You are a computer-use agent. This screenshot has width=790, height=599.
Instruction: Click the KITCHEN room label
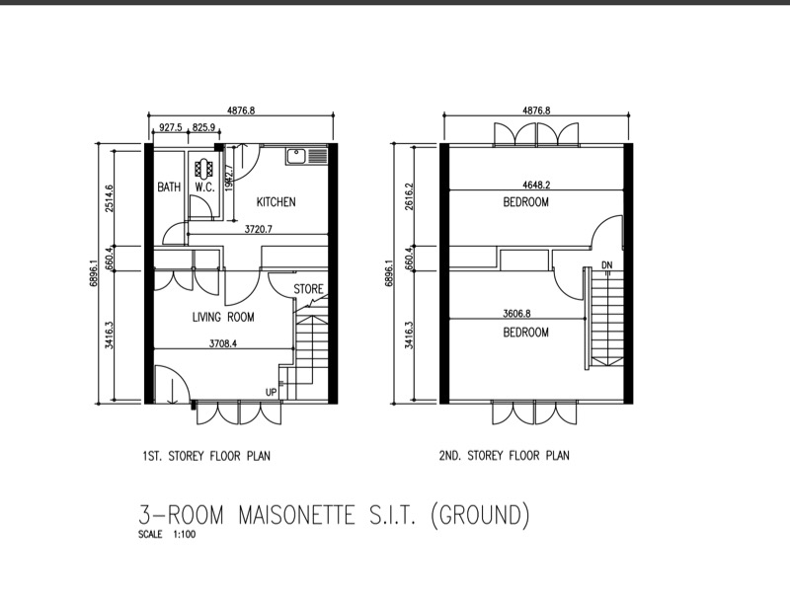[276, 202]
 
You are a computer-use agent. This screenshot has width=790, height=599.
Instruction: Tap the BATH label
[169, 187]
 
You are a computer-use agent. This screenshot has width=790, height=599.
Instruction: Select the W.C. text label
[204, 187]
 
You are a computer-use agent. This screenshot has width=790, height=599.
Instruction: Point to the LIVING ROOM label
[223, 317]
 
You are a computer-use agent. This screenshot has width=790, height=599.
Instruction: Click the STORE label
[308, 289]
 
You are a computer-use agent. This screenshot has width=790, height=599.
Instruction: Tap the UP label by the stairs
[271, 392]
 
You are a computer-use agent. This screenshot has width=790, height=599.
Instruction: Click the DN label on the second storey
[607, 265]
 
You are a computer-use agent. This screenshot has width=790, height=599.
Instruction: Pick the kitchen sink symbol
[307, 156]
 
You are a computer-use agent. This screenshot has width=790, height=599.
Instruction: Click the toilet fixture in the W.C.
[205, 168]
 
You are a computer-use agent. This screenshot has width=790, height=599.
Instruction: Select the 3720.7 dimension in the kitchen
[259, 230]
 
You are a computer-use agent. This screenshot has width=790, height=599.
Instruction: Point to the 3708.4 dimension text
[223, 343]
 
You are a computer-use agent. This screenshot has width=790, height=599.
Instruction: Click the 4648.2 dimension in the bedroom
[536, 185]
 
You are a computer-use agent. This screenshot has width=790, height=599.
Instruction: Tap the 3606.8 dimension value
[516, 314]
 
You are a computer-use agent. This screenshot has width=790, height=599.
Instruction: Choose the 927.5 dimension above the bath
[171, 127]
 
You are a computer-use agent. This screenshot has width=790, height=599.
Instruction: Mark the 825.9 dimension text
[204, 127]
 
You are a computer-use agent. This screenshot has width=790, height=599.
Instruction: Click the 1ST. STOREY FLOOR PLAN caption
[206, 457]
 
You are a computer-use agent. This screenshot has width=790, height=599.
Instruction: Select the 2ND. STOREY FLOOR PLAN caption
[505, 456]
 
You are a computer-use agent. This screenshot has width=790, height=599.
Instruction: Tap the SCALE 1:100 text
[167, 535]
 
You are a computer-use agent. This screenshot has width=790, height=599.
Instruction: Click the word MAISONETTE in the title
[296, 516]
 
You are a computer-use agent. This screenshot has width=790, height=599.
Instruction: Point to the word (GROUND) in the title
[481, 516]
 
